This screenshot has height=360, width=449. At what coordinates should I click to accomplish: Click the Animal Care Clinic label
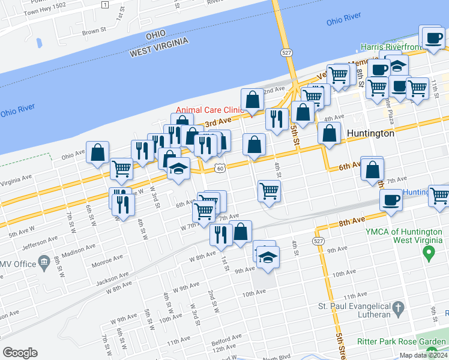coord(209,110)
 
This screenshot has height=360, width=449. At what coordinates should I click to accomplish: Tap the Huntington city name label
coord(370,134)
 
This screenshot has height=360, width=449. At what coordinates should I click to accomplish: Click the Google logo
coord(20,353)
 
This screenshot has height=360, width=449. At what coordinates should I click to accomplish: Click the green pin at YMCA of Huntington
coord(429,254)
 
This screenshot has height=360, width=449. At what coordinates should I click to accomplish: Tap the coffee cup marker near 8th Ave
coord(391,200)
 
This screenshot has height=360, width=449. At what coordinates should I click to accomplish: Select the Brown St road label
coord(94,29)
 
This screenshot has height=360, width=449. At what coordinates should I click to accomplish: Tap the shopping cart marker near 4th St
coord(270,191)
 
